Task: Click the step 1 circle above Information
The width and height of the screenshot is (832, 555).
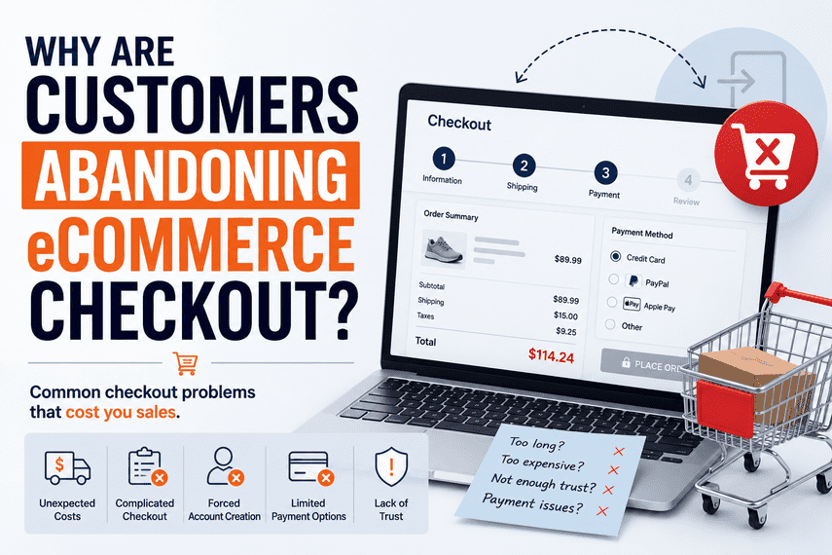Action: (x=444, y=159)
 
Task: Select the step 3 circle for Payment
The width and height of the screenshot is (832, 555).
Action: (x=605, y=172)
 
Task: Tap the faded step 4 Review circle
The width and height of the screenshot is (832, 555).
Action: (x=688, y=180)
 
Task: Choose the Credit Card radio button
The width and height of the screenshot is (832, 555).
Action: (x=616, y=256)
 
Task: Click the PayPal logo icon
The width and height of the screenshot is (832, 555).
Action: (x=633, y=281)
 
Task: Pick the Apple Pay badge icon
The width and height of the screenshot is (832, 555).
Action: (x=632, y=304)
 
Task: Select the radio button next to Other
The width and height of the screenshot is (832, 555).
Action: (x=611, y=324)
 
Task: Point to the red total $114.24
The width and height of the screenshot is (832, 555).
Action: (x=551, y=355)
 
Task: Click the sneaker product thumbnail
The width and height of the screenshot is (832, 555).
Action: (x=445, y=249)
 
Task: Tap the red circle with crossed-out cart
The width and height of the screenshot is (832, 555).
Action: (x=766, y=153)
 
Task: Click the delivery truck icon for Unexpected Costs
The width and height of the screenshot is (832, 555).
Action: (x=67, y=468)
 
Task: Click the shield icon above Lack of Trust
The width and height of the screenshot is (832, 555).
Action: (x=391, y=466)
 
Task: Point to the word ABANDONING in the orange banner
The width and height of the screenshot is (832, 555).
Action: (x=191, y=176)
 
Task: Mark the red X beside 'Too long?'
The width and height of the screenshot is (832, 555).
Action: (x=619, y=452)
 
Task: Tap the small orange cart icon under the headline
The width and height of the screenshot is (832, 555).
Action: (x=186, y=363)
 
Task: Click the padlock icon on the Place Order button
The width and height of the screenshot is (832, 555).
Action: (x=626, y=363)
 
